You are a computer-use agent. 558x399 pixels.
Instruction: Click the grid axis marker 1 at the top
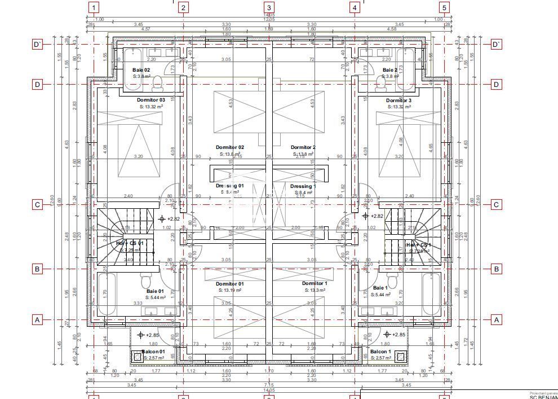pos(94,7)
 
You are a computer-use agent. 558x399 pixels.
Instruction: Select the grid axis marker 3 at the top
pos(269,7)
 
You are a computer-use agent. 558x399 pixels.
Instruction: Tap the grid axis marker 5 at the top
pos(444,7)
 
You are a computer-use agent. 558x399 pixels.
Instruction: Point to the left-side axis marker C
pos(37,204)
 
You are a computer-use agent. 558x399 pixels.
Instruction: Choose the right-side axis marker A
pos(496,319)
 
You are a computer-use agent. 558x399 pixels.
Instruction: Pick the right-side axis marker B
pos(496,269)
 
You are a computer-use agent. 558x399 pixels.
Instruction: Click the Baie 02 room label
pos(141,70)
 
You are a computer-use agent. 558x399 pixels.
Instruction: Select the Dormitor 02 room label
pos(229,147)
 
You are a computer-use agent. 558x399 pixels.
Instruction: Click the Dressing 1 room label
pos(303,186)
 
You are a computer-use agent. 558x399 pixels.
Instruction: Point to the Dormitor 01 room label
pos(229,284)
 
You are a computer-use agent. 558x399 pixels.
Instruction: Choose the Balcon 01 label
pos(153,351)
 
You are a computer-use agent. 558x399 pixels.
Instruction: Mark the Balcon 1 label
pos(380,351)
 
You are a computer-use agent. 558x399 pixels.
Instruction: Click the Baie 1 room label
pos(380,288)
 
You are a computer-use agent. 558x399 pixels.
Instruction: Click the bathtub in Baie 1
pos(431,293)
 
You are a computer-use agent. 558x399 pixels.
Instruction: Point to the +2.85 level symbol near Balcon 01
pos(141,335)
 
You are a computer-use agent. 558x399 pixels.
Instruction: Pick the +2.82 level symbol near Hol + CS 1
pos(365,216)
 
